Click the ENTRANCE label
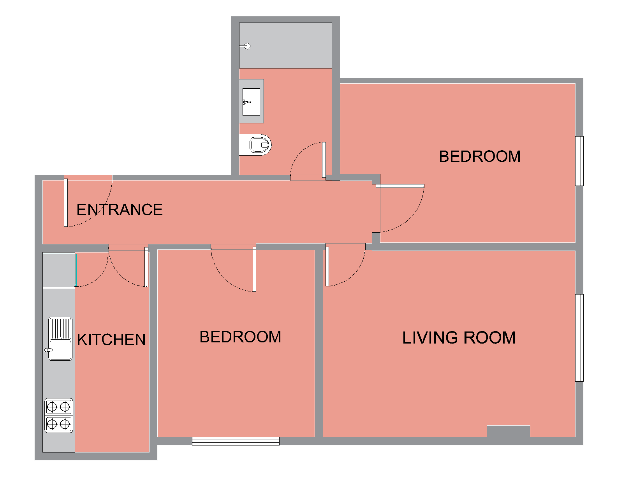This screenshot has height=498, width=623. pyautogui.click(x=120, y=210)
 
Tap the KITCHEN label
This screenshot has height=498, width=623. pyautogui.click(x=111, y=339)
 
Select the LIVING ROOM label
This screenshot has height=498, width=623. pyautogui.click(x=459, y=338)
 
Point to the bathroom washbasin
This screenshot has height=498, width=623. pyautogui.click(x=251, y=102)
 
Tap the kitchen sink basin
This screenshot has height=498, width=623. pyautogui.click(x=60, y=350)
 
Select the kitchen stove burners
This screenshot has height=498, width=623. pyautogui.click(x=59, y=416)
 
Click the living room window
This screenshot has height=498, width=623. pyautogui.click(x=579, y=338)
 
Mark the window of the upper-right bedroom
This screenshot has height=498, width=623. pyautogui.click(x=579, y=161)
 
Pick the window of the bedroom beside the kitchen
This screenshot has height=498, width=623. pyautogui.click(x=236, y=441)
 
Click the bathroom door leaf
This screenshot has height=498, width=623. pyautogui.click(x=324, y=160)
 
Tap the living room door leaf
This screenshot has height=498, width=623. pyautogui.click(x=327, y=267)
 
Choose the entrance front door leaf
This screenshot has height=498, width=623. pyautogui.click(x=66, y=203)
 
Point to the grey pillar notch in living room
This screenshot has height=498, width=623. pyautogui.click(x=509, y=431)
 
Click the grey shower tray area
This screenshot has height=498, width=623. pyautogui.click(x=285, y=46)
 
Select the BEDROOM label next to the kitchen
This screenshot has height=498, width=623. pyautogui.click(x=240, y=337)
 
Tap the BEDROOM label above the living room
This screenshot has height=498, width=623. pyautogui.click(x=480, y=156)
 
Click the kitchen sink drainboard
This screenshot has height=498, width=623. pyautogui.click(x=60, y=328)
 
